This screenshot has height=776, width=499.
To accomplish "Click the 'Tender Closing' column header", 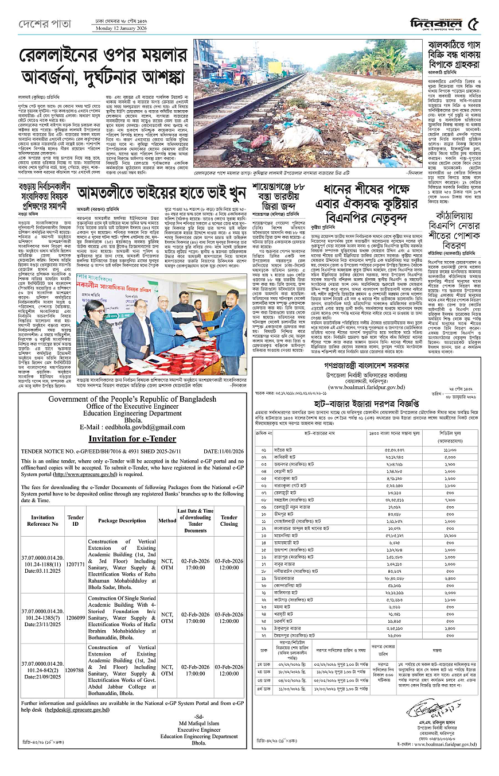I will [229, 521].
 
